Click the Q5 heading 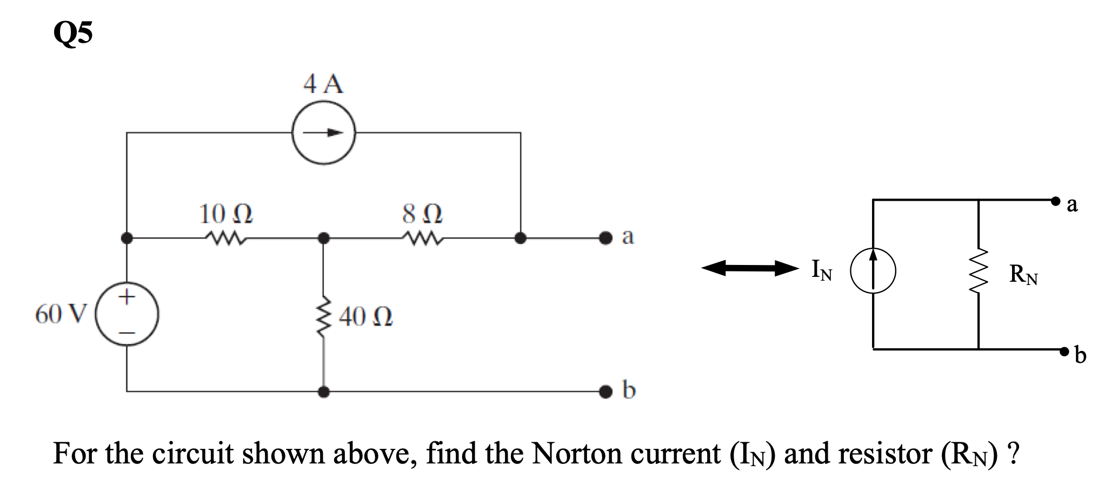(x=73, y=34)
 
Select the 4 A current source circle (x=323, y=132)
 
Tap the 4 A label (x=323, y=85)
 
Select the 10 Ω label (x=226, y=214)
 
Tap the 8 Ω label (x=423, y=214)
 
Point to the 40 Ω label (x=366, y=317)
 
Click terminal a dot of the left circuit (x=607, y=237)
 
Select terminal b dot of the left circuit (x=607, y=390)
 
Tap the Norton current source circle (x=873, y=270)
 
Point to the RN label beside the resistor (x=1023, y=275)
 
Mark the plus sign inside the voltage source (x=127, y=297)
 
